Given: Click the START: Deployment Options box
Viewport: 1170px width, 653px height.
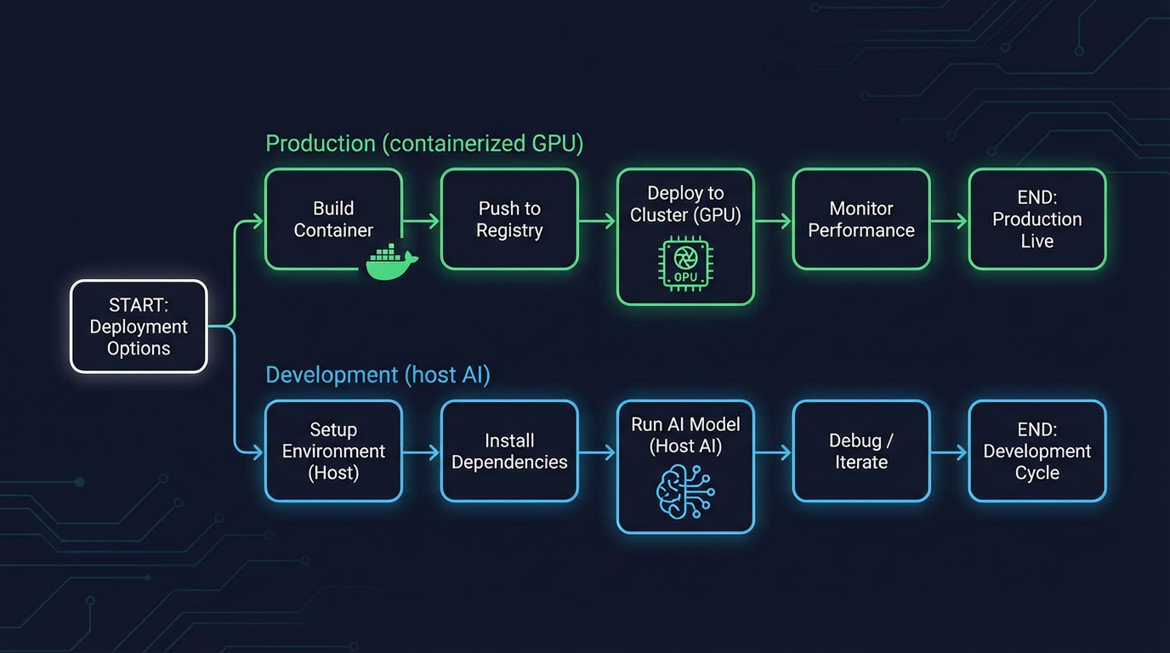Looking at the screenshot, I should click(x=139, y=326).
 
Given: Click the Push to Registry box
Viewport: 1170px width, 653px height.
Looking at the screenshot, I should click(x=509, y=219).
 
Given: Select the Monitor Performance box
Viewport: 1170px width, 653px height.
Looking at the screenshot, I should click(x=861, y=219).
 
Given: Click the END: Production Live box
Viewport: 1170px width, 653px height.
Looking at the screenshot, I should click(x=1037, y=219).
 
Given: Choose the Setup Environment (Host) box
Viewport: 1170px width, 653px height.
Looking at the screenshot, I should click(x=333, y=451).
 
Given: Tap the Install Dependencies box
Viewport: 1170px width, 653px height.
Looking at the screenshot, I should click(x=509, y=451).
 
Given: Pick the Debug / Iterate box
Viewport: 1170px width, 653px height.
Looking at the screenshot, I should click(x=861, y=451).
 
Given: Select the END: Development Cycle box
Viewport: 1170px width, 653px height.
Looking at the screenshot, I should click(x=1037, y=451).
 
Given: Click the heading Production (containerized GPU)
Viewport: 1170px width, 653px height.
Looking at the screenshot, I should click(x=424, y=143).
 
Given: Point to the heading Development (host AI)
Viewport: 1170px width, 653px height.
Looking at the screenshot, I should click(x=378, y=375).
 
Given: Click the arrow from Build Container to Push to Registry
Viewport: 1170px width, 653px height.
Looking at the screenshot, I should click(x=422, y=221).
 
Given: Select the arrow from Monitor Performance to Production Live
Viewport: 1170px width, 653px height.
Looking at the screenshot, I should click(x=950, y=221).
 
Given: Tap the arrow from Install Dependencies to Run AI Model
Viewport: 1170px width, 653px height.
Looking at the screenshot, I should click(x=598, y=452).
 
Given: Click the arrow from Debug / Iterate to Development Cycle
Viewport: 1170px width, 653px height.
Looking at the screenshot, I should click(x=950, y=452).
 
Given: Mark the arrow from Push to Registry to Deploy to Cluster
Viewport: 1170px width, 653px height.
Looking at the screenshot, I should click(x=598, y=221).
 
